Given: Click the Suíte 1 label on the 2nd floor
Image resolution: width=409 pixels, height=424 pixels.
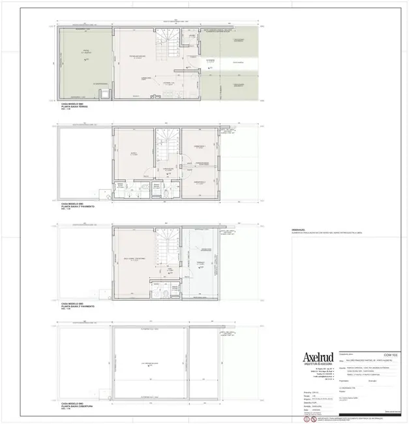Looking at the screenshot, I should pos(133,153).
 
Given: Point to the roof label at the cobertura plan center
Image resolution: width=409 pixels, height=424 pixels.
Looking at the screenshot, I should pos(151,363).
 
